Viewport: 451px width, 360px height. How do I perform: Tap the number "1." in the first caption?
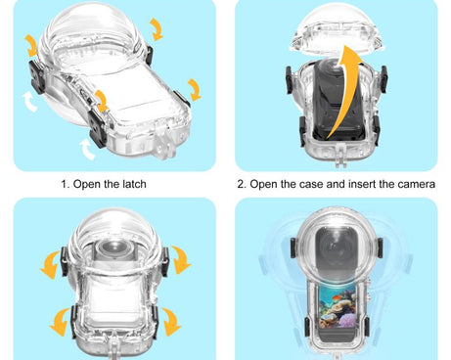coord(67,184)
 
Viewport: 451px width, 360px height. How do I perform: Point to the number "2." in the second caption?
coord(243,184)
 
